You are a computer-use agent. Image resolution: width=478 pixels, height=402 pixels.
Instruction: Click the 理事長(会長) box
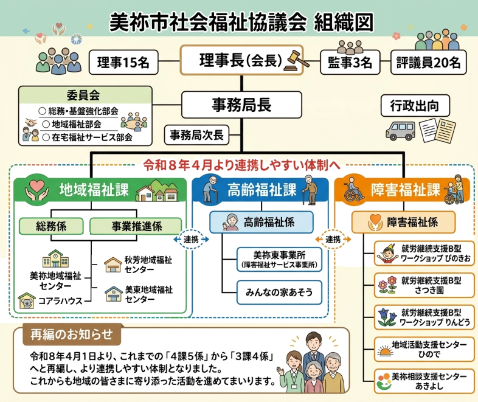(x=240, y=60)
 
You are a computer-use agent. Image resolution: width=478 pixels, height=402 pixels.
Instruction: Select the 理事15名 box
(x=123, y=62)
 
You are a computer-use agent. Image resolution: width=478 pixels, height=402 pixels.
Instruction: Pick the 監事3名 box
(x=350, y=62)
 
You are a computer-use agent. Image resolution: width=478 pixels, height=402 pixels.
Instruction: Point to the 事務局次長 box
(x=196, y=134)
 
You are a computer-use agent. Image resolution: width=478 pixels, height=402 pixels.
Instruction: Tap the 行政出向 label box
(x=415, y=106)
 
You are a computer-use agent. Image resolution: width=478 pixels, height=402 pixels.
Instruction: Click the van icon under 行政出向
(x=400, y=130)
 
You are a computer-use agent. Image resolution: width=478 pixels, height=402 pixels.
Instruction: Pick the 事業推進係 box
(x=136, y=226)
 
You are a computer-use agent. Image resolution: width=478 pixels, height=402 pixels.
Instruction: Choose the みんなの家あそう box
(x=279, y=293)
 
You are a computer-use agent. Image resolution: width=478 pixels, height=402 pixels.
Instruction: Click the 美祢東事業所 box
(x=279, y=259)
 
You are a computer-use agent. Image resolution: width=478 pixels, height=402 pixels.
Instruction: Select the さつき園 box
(x=424, y=285)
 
